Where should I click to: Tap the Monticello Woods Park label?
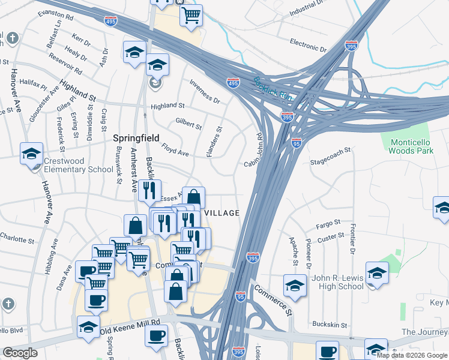coord(411,146)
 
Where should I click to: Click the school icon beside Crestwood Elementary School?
coord(31,154)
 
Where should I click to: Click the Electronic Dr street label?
coord(307,46)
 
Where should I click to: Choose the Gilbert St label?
coord(188,124)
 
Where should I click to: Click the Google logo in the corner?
coord(20,352)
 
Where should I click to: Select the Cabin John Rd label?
coord(255,150)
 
